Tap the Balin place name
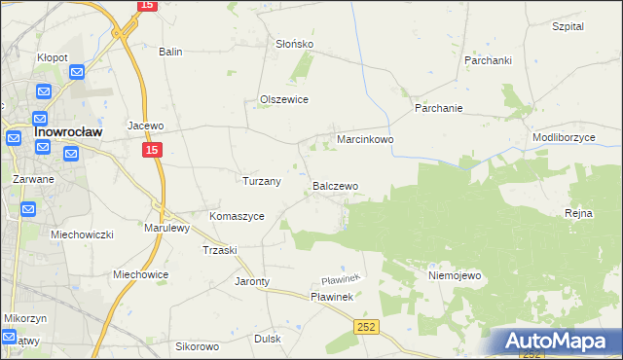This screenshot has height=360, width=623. click(x=171, y=52)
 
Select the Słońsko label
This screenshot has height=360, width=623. click(x=294, y=44)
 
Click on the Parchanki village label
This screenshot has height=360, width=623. click(x=488, y=60)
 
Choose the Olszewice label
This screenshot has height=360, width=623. click(x=284, y=99)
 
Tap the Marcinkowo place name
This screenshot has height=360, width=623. click(x=365, y=140)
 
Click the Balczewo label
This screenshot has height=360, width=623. click(x=336, y=185)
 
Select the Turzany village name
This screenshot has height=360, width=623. click(x=261, y=181)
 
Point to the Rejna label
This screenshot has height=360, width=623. click(x=578, y=213)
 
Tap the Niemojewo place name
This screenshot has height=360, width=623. click(x=455, y=275)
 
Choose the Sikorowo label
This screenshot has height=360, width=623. click(x=198, y=346)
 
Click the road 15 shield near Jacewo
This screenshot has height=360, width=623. click(x=151, y=150)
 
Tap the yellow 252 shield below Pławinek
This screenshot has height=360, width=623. click(x=365, y=328)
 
